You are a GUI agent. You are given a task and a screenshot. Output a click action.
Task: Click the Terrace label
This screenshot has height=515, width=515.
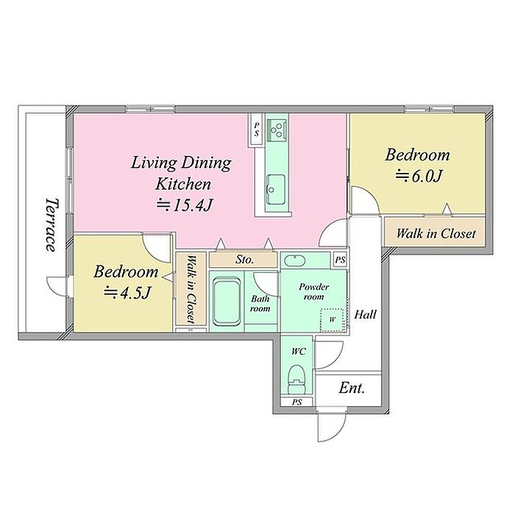(x=51, y=224)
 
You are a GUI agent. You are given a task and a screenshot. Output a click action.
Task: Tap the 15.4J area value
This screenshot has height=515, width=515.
(x=184, y=205)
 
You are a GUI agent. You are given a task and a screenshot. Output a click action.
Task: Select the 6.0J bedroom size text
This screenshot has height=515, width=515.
(x=418, y=176)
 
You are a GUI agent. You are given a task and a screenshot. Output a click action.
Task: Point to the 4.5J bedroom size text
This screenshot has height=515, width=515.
(x=127, y=292)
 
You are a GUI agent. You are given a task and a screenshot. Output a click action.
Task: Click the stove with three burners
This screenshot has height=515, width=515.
(x=277, y=129)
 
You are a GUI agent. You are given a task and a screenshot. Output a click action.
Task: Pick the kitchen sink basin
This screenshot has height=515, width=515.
(x=275, y=190)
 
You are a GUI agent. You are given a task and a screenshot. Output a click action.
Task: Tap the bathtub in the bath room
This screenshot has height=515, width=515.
(x=227, y=301)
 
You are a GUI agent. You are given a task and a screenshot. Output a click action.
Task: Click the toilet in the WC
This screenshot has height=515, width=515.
(x=296, y=379)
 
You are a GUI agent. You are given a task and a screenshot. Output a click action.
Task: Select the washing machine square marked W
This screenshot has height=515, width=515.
(x=332, y=319)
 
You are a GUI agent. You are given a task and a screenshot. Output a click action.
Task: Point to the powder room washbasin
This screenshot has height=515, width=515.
(x=294, y=260)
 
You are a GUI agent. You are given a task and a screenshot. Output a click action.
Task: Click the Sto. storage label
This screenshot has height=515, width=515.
(x=245, y=260)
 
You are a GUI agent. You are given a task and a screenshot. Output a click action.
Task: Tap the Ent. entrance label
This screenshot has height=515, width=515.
(x=352, y=388)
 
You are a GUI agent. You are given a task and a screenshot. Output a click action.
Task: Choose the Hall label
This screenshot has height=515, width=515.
(x=365, y=314)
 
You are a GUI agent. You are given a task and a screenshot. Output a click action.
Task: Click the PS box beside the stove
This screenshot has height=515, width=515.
(x=257, y=129)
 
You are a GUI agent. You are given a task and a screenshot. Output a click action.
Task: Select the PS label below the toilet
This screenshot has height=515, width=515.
(x=297, y=402)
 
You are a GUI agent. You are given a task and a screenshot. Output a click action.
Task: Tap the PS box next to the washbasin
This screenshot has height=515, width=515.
(x=340, y=260)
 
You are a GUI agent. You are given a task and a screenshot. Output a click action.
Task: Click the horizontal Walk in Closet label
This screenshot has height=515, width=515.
(x=436, y=233)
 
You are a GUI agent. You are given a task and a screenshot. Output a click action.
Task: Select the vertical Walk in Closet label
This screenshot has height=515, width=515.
(x=191, y=290)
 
